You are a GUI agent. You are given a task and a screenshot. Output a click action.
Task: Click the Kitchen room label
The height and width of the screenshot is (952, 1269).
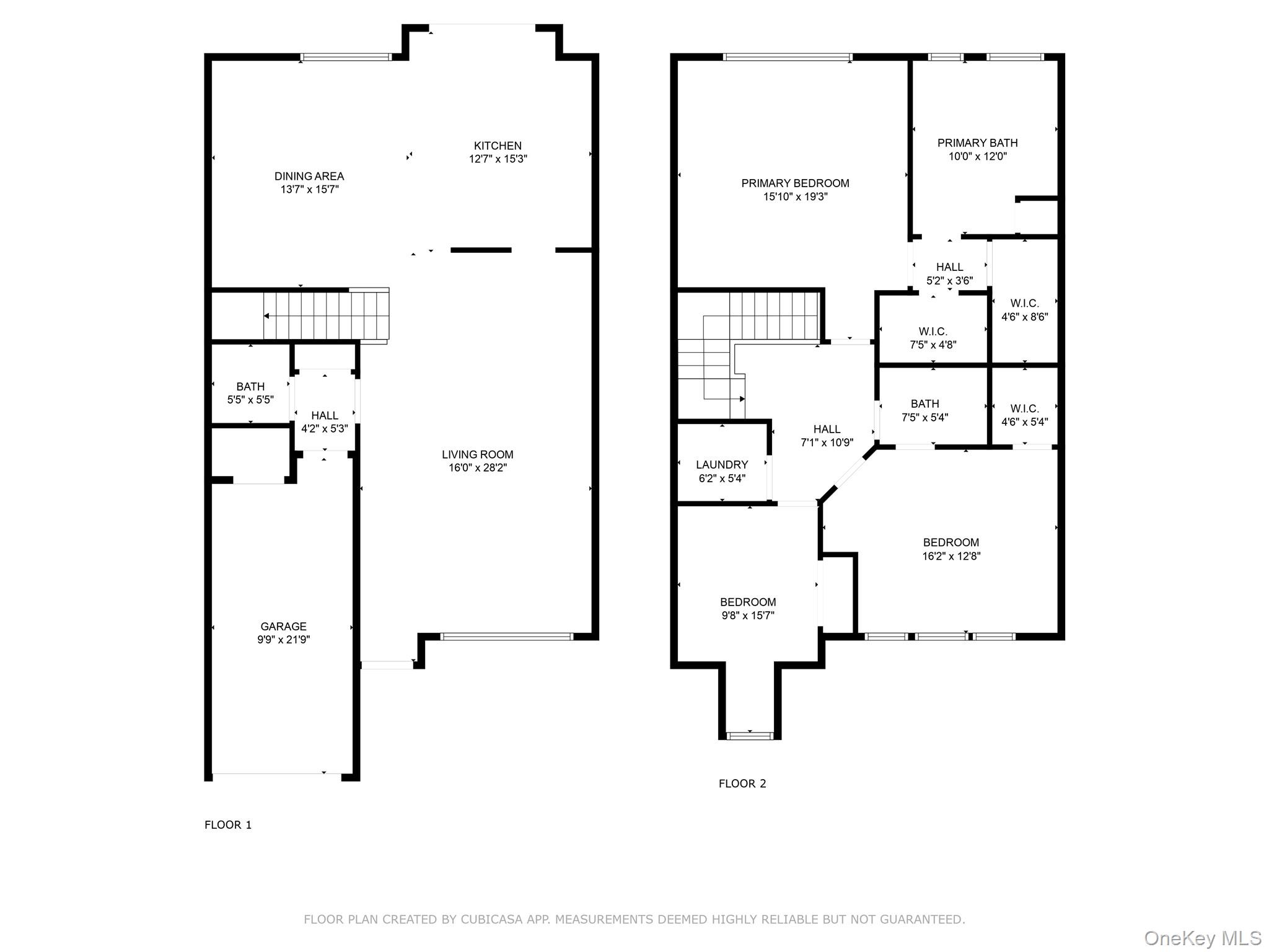(x=498, y=146)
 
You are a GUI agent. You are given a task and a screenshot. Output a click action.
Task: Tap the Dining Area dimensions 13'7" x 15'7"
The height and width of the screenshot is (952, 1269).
(x=309, y=190)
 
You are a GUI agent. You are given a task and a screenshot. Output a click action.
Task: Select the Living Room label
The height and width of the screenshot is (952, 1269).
(x=477, y=455)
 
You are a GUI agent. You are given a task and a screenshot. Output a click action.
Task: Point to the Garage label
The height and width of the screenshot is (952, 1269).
(x=283, y=627)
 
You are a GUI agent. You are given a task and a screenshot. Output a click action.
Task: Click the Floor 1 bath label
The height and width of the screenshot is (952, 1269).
(x=250, y=387)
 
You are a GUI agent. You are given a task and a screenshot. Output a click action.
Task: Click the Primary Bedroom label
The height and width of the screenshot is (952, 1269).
(x=795, y=183)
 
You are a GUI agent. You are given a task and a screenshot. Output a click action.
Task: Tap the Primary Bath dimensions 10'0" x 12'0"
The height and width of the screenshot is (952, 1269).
(x=977, y=156)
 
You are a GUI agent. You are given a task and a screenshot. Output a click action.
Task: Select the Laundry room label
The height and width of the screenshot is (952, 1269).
(x=722, y=465)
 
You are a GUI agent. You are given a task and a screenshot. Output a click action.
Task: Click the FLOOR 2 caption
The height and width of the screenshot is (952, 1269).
(x=742, y=784)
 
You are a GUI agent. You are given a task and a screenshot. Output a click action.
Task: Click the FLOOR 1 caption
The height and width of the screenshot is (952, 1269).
(x=228, y=825)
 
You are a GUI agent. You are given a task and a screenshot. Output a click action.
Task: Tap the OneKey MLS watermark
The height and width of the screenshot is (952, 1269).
(x=1203, y=938)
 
